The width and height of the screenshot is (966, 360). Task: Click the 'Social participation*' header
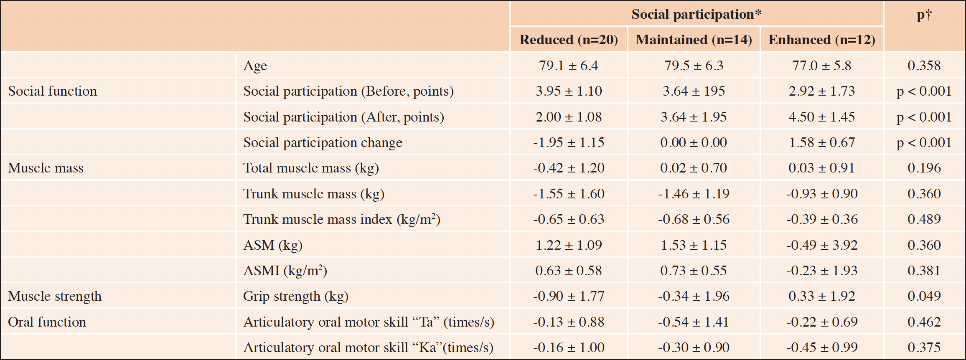697,14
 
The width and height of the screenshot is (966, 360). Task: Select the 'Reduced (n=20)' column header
569,40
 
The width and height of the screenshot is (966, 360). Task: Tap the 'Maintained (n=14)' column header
694,40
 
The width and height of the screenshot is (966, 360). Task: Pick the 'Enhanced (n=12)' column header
822,40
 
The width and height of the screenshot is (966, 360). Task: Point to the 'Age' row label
255,66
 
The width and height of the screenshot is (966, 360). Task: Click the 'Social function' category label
52,91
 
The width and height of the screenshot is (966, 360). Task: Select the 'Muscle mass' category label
46,168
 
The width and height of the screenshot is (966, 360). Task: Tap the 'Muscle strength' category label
55,297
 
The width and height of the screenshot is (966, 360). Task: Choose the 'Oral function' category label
47,322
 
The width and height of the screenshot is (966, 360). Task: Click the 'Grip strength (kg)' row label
296,297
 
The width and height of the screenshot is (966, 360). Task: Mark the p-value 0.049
924,296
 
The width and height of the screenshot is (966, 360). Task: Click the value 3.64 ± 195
694,91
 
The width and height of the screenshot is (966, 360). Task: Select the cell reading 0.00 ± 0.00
694,142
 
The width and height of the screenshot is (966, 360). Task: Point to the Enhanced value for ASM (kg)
822,245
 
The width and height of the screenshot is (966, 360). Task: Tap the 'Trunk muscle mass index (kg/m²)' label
342,219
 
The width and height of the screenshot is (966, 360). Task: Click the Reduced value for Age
569,66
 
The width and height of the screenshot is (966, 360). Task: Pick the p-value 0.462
924,322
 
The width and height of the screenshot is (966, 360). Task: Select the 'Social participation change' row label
323,143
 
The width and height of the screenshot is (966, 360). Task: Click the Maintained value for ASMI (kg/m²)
694,271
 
